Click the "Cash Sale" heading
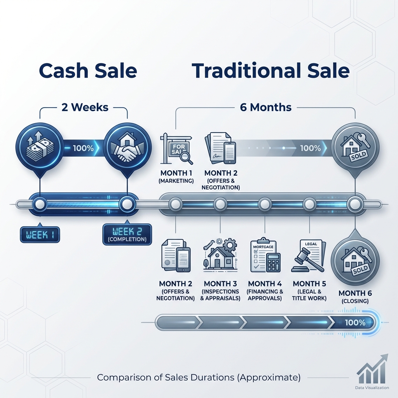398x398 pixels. [x=88, y=71]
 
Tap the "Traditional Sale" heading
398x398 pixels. [x=271, y=71]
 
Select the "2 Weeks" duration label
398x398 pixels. [x=85, y=107]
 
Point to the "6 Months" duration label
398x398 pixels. [x=266, y=107]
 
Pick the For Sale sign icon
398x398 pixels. [x=177, y=148]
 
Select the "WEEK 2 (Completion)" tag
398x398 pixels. [x=125, y=235]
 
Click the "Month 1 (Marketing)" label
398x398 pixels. [x=177, y=176]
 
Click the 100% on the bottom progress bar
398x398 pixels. [x=354, y=323]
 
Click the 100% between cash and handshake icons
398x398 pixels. [x=83, y=148]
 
